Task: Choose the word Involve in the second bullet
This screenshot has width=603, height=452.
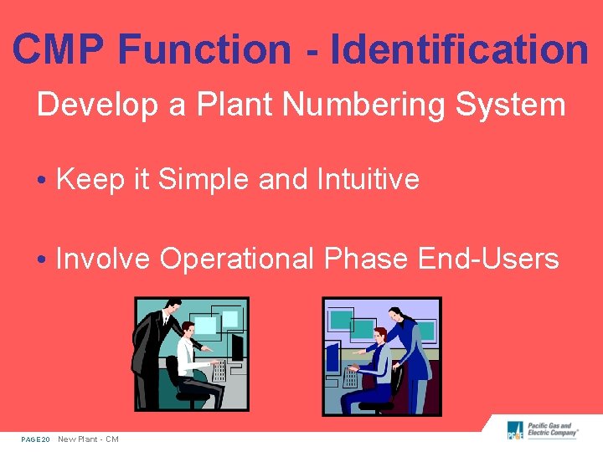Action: pos(103,259)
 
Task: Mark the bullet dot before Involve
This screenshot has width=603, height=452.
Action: pos(42,260)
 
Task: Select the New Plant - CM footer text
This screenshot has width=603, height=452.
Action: pos(88,439)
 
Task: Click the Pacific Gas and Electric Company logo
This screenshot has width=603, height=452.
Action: pos(544,431)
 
